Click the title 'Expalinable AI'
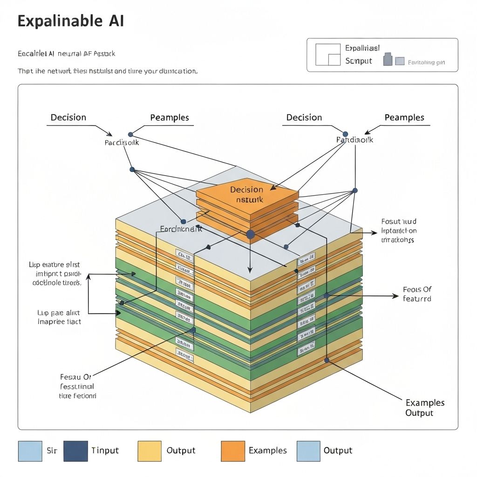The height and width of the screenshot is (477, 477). [71, 21]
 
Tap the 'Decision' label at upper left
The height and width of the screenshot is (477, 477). [68, 117]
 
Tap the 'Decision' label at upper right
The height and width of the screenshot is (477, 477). [304, 117]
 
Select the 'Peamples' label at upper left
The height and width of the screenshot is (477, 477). [170, 117]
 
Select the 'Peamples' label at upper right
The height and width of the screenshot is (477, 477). [404, 117]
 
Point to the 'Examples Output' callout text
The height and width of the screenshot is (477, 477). [425, 408]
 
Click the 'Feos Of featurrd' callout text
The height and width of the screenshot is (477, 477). [417, 294]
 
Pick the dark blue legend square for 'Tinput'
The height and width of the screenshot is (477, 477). [75, 451]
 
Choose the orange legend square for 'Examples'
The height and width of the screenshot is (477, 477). [233, 451]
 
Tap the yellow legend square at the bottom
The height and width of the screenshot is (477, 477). [150, 451]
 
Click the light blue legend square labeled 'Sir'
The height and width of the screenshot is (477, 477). [30, 451]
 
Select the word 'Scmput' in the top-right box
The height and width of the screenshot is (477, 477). [359, 61]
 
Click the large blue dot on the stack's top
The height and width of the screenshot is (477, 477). [250, 234]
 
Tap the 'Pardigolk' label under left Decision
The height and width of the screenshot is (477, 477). [122, 143]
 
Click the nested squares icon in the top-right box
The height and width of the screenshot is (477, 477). [328, 55]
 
